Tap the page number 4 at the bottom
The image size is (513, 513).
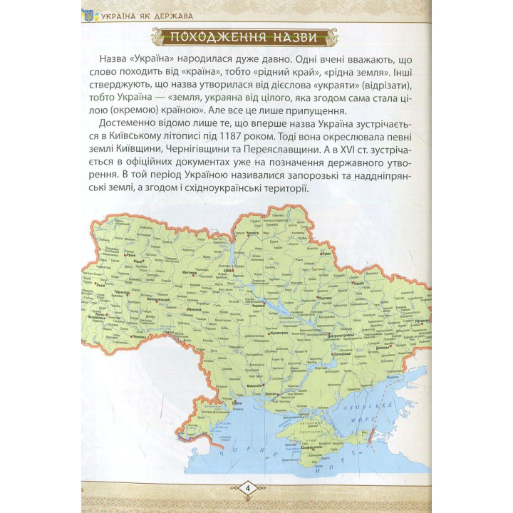[x=247, y=487]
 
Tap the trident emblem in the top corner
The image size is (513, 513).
[x=89, y=14]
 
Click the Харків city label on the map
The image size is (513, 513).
[x=358, y=284]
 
